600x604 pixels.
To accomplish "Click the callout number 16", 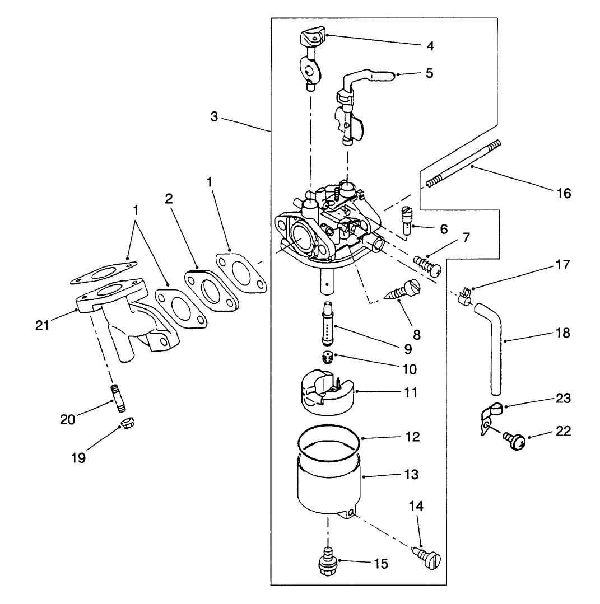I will click(x=564, y=193).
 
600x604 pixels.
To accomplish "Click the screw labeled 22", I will click(x=514, y=441).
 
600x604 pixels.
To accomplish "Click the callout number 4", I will click(x=430, y=46).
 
